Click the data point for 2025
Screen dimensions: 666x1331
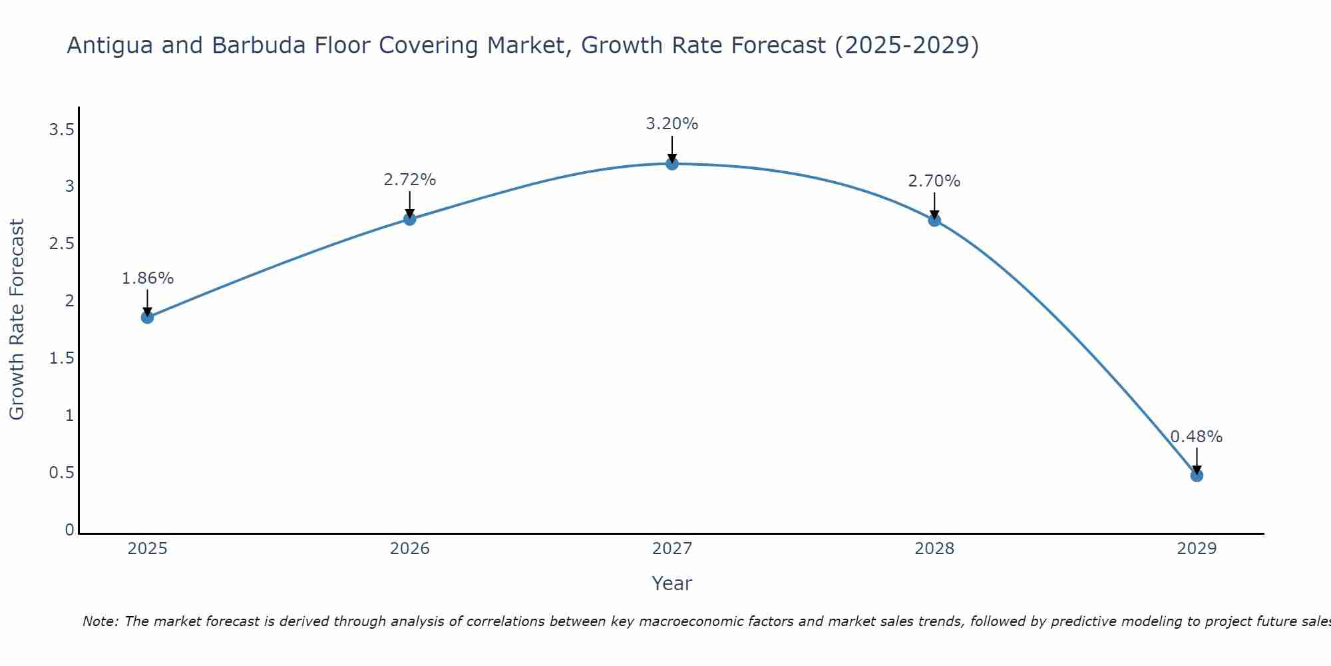148,317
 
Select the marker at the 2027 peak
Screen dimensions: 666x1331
672,164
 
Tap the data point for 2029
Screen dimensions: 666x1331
1197,476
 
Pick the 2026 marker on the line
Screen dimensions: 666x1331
410,219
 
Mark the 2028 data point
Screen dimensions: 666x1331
934,220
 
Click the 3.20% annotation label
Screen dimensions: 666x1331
672,124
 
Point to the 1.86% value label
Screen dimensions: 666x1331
148,278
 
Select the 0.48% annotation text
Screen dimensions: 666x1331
1197,437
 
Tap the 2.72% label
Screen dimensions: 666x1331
410,180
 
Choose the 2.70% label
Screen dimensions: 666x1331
934,181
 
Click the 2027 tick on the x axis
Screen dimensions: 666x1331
672,549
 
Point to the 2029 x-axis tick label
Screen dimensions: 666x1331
1197,549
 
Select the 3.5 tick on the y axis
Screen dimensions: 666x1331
61,130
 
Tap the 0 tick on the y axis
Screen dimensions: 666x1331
69,530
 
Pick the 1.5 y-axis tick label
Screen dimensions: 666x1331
61,358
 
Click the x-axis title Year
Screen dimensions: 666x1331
672,583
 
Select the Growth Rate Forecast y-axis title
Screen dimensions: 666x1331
17,320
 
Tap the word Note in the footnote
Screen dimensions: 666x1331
100,621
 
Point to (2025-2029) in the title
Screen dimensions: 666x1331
906,46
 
